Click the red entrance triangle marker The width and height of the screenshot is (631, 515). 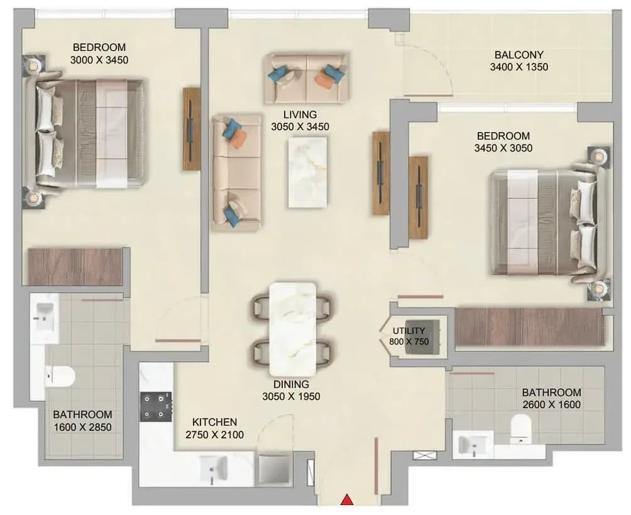347,500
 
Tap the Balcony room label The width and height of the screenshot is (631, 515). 519,54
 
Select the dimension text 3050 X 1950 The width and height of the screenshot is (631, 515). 292,397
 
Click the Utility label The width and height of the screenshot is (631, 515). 409,331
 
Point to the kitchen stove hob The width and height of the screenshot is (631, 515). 156,406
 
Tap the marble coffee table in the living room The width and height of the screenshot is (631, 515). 307,172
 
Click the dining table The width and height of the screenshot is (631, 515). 293,329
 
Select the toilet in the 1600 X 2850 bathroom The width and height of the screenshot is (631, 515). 60,377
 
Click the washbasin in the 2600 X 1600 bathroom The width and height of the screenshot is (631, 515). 473,445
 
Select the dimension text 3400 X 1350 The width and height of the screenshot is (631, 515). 519,67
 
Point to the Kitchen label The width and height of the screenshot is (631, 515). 214,422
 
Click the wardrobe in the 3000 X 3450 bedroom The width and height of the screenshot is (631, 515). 75,267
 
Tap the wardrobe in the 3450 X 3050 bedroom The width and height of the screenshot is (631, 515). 530,326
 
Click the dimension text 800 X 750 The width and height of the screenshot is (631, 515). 409,342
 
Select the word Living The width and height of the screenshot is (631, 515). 300,114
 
